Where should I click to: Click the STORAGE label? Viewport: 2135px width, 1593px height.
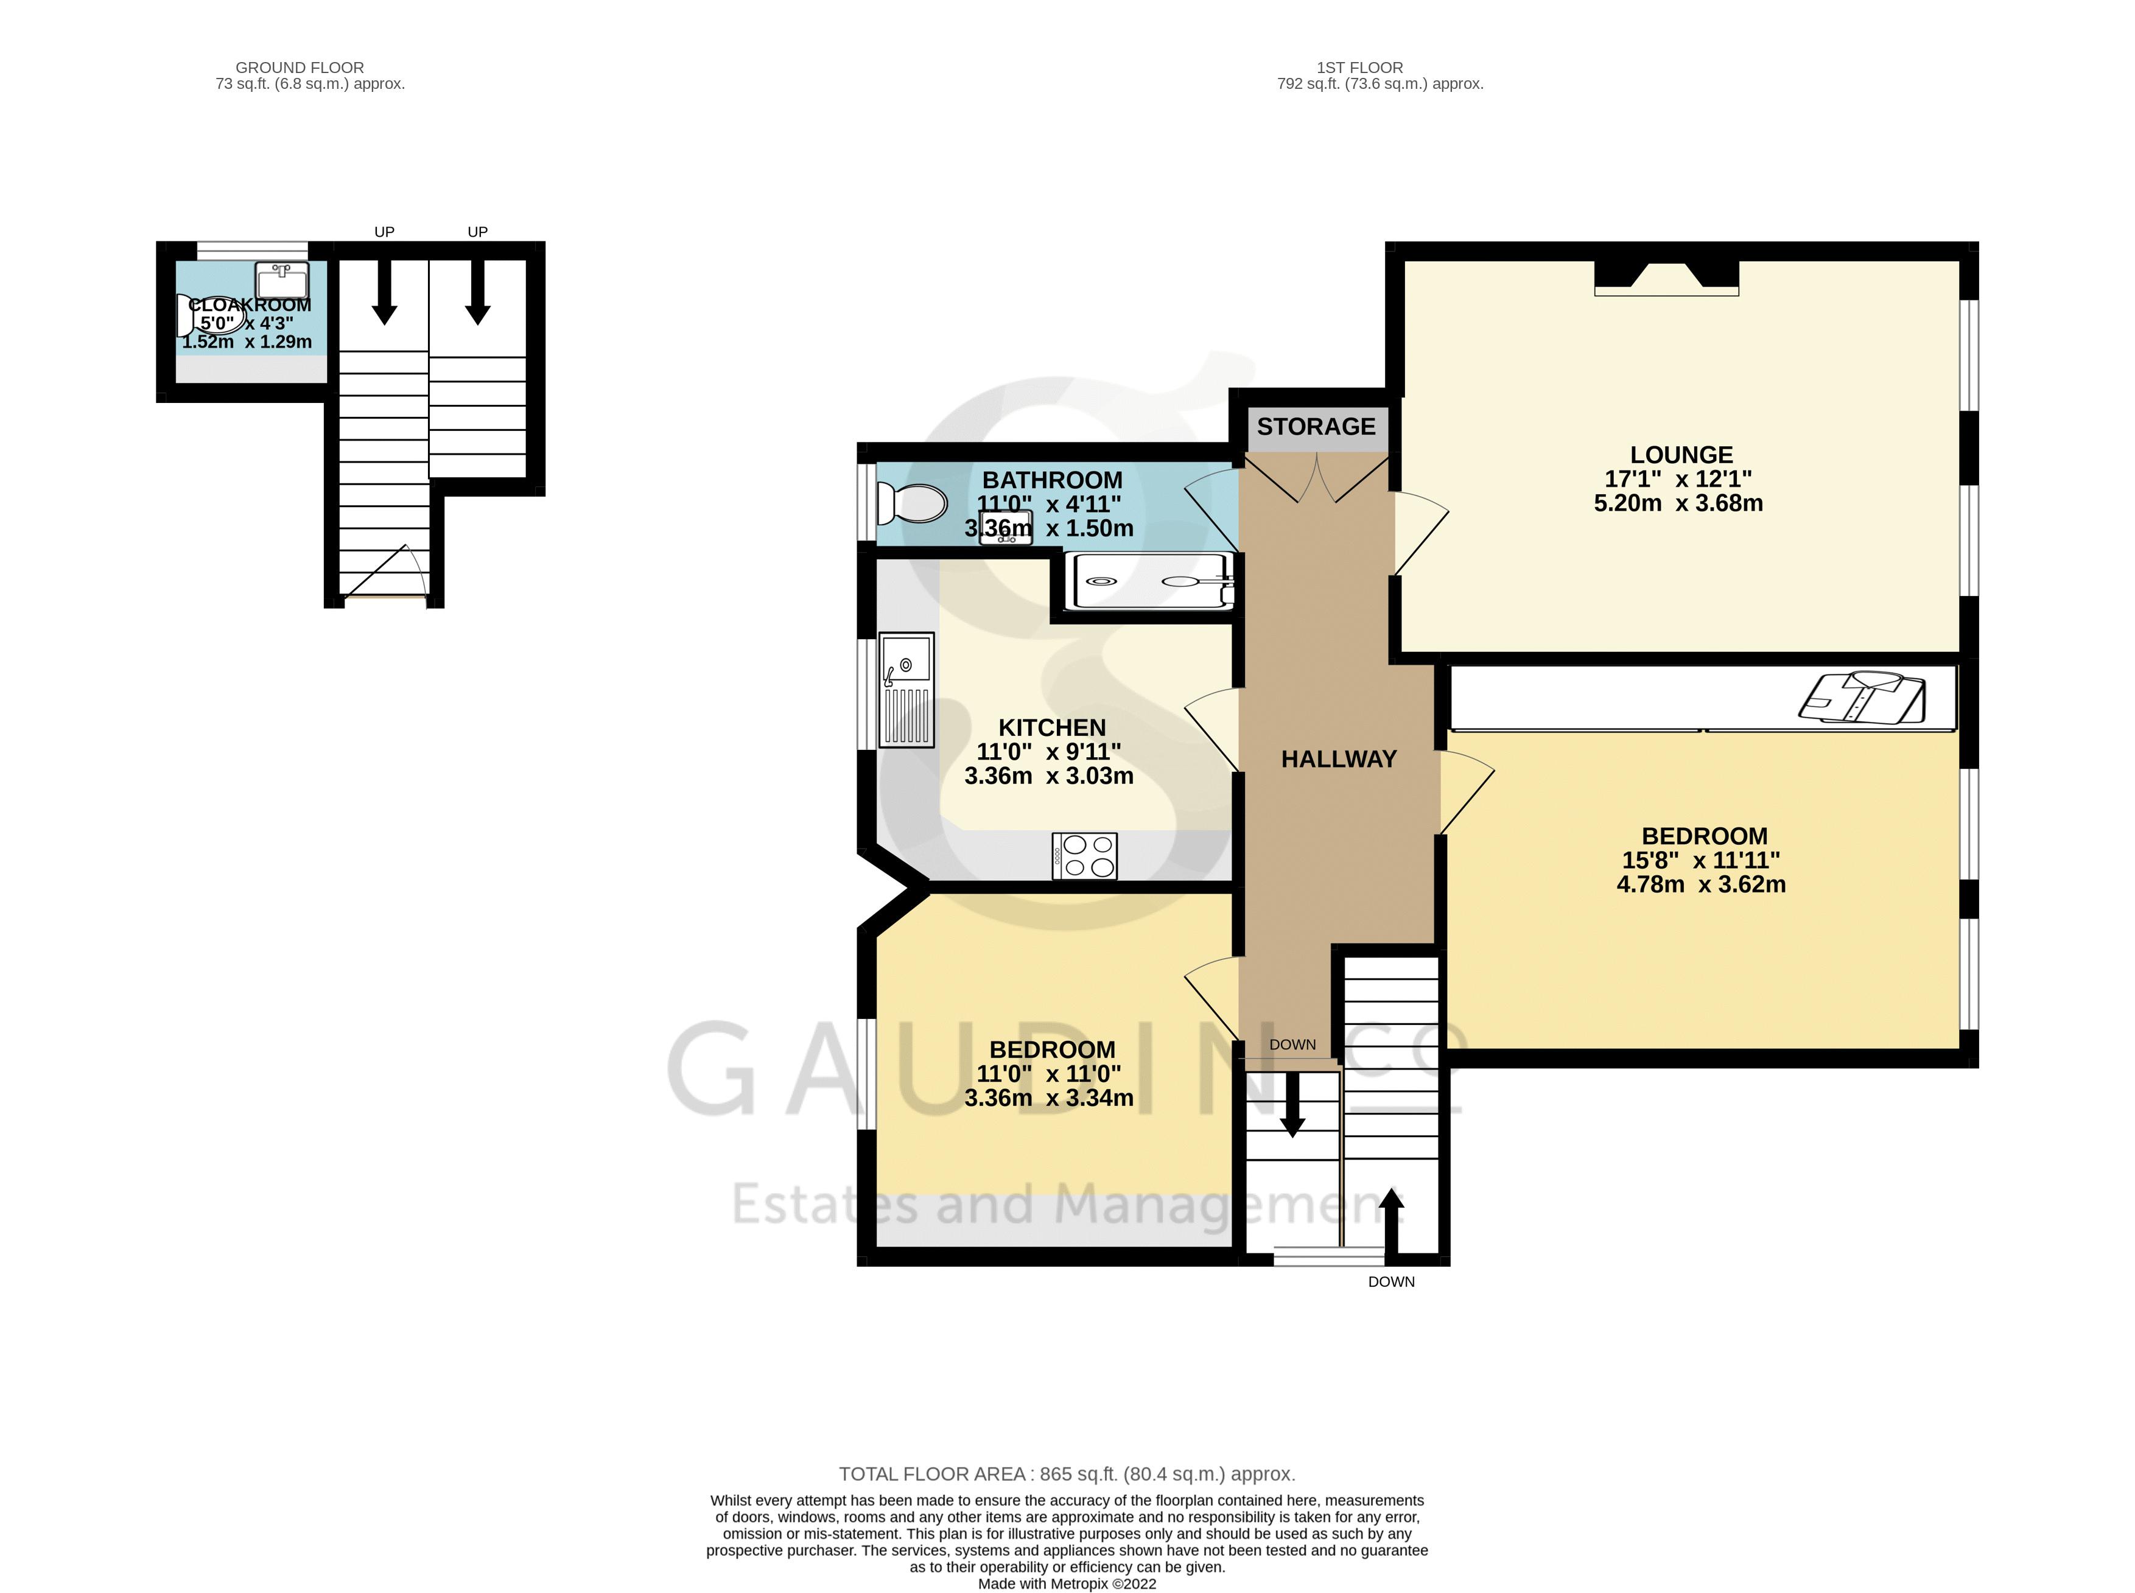pyautogui.click(x=1316, y=426)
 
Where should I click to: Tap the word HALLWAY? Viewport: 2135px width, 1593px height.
pyautogui.click(x=1339, y=760)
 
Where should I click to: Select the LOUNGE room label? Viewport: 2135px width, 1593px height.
pyautogui.click(x=1681, y=455)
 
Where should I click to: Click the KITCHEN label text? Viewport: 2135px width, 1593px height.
pyautogui.click(x=1052, y=728)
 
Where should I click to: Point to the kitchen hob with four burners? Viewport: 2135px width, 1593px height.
pyautogui.click(x=1085, y=855)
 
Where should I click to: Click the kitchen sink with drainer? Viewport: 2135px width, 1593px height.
pyautogui.click(x=906, y=690)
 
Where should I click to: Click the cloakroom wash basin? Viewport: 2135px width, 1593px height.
pyautogui.click(x=282, y=281)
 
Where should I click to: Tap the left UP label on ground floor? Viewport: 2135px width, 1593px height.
pyautogui.click(x=384, y=231)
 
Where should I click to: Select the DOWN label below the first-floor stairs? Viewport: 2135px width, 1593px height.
pyautogui.click(x=1392, y=1281)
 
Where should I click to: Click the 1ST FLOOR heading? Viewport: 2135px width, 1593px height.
pyautogui.click(x=1359, y=68)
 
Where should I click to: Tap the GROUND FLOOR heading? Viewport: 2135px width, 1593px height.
pyautogui.click(x=300, y=68)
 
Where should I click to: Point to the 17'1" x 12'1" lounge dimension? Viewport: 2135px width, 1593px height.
pyautogui.click(x=1678, y=479)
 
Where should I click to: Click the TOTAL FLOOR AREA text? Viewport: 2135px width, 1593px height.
pyautogui.click(x=1067, y=1474)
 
